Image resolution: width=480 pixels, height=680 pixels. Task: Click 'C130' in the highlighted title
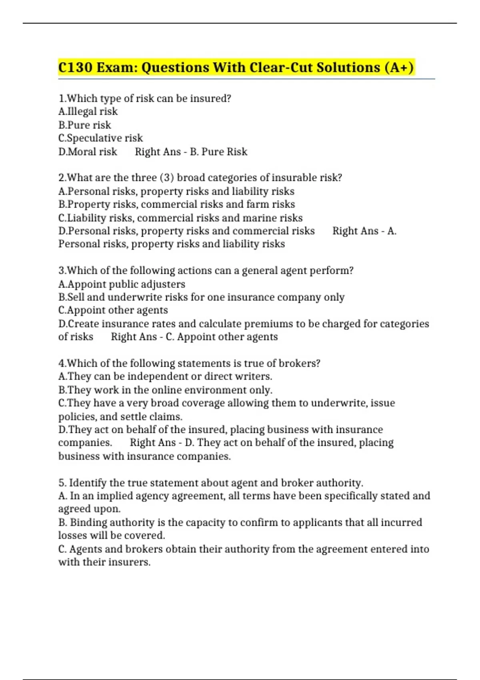point(75,67)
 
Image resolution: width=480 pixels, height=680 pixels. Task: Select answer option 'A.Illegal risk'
point(88,112)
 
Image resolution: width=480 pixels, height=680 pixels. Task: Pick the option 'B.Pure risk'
point(85,125)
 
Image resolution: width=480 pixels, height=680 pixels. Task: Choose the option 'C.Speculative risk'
point(100,138)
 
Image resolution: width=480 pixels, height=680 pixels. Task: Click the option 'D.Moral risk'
point(88,152)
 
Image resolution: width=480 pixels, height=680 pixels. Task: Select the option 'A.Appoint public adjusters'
point(122,284)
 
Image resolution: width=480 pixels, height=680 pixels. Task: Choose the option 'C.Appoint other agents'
point(113,310)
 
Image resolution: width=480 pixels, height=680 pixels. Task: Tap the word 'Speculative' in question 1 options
point(94,138)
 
